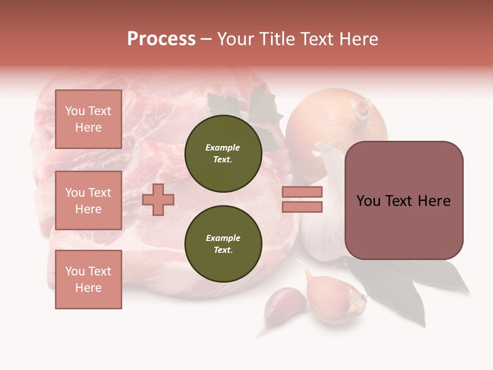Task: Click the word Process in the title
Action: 161,39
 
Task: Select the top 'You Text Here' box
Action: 88,119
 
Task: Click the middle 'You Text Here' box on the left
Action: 88,200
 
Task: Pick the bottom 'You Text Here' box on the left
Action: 88,279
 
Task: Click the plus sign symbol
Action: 158,199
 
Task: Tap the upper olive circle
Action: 223,154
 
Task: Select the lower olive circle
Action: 223,244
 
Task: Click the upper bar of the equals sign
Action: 302,192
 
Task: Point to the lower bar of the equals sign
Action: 302,207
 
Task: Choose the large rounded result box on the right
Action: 404,200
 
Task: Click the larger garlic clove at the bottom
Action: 334,298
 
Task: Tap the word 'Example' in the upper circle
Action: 223,147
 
